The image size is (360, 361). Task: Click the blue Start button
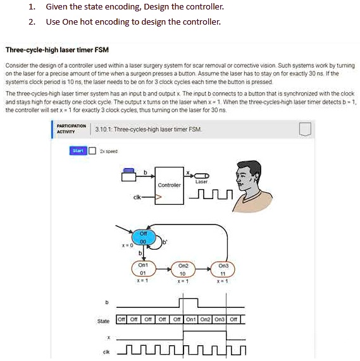point(78,150)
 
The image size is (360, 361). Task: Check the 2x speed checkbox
point(92,150)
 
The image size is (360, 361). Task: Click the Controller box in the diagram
point(169,185)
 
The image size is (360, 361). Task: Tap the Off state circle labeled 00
point(144,236)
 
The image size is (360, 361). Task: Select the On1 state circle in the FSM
point(144,269)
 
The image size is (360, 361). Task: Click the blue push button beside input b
point(129,171)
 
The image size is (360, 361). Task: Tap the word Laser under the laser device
point(201,181)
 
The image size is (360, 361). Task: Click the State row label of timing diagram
point(103,321)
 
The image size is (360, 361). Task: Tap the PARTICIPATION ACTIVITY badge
point(70,129)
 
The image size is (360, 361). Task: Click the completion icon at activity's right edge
point(305,129)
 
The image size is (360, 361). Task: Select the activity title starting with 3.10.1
point(148,129)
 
